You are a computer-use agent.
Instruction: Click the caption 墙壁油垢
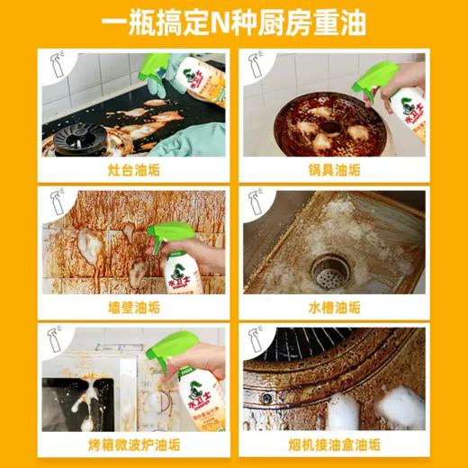point(132,306)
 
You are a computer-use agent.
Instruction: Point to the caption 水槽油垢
point(334,306)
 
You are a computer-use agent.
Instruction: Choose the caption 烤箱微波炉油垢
point(132,444)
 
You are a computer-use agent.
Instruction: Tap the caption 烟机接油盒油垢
point(334,444)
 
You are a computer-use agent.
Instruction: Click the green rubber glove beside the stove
point(200,139)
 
